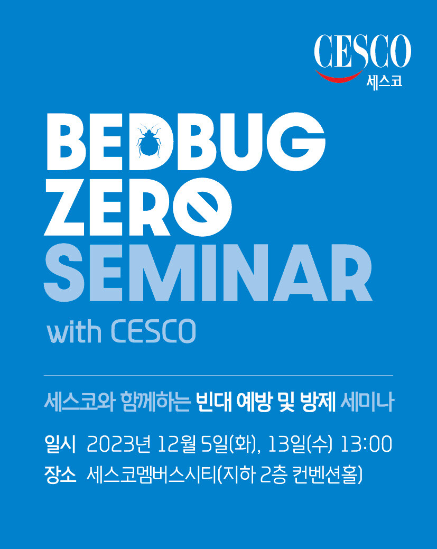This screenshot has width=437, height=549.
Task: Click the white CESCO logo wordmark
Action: click(362, 51)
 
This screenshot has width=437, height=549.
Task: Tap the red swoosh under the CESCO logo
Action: click(339, 76)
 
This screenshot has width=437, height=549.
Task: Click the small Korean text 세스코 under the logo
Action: click(385, 81)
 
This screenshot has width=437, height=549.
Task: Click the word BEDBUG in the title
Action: click(186, 142)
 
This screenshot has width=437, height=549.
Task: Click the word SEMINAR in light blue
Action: click(208, 273)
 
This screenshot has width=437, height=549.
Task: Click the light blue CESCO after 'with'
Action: click(153, 331)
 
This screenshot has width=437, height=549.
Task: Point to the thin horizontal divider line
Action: click(219, 376)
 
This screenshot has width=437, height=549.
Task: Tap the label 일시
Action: click(60, 445)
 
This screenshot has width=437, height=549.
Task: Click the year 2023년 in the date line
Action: click(118, 445)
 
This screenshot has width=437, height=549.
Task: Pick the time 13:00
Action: click(366, 445)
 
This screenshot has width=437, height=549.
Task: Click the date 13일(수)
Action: click(300, 445)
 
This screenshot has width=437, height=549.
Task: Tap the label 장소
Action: click(60, 475)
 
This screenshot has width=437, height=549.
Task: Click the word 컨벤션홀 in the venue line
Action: click(324, 475)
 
